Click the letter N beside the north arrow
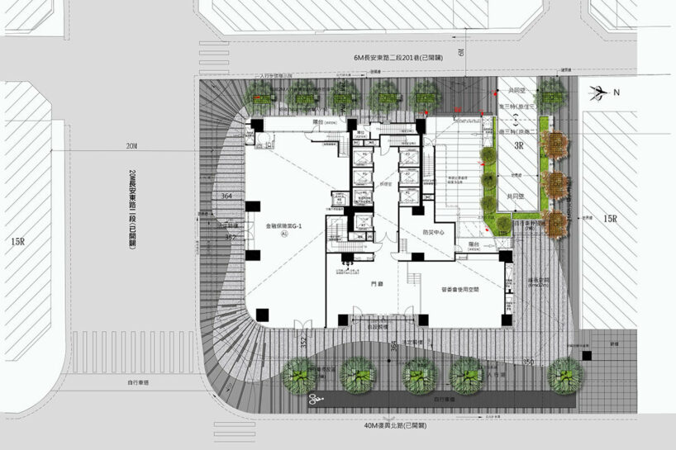point(616,92)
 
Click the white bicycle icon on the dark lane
point(315,400)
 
